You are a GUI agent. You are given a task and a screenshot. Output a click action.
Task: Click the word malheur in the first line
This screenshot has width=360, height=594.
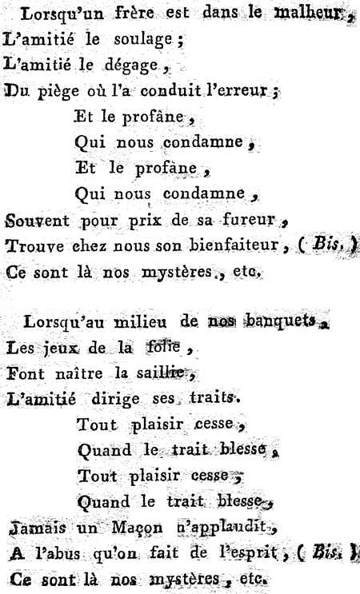pos(308,13)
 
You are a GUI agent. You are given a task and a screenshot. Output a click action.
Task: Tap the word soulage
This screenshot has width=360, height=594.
pos(143,40)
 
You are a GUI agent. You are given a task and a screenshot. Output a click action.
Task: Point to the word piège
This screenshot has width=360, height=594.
pos(58,92)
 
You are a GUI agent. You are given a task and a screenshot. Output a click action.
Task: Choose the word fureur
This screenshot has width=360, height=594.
pos(249,219)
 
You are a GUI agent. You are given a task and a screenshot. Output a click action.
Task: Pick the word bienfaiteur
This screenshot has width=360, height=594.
pos(234,245)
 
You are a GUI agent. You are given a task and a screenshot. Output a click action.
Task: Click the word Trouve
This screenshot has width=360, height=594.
pos(35,246)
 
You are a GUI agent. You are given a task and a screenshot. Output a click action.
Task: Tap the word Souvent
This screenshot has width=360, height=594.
pos(37,221)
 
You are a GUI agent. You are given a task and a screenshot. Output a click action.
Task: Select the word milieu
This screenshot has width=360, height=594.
pos(140,322)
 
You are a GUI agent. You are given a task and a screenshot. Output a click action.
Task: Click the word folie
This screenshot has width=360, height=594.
pos(164,346)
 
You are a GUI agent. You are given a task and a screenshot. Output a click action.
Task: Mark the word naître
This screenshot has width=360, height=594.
pos(79,373)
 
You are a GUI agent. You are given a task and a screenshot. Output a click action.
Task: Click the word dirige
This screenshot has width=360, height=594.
pos(115,400)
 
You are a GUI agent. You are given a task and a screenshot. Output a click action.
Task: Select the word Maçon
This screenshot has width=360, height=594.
pos(137,528)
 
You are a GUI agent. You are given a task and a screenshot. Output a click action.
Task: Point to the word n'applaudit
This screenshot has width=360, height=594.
pos(222,528)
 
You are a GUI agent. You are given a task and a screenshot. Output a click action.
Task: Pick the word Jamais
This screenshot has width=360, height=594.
pos(37,528)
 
